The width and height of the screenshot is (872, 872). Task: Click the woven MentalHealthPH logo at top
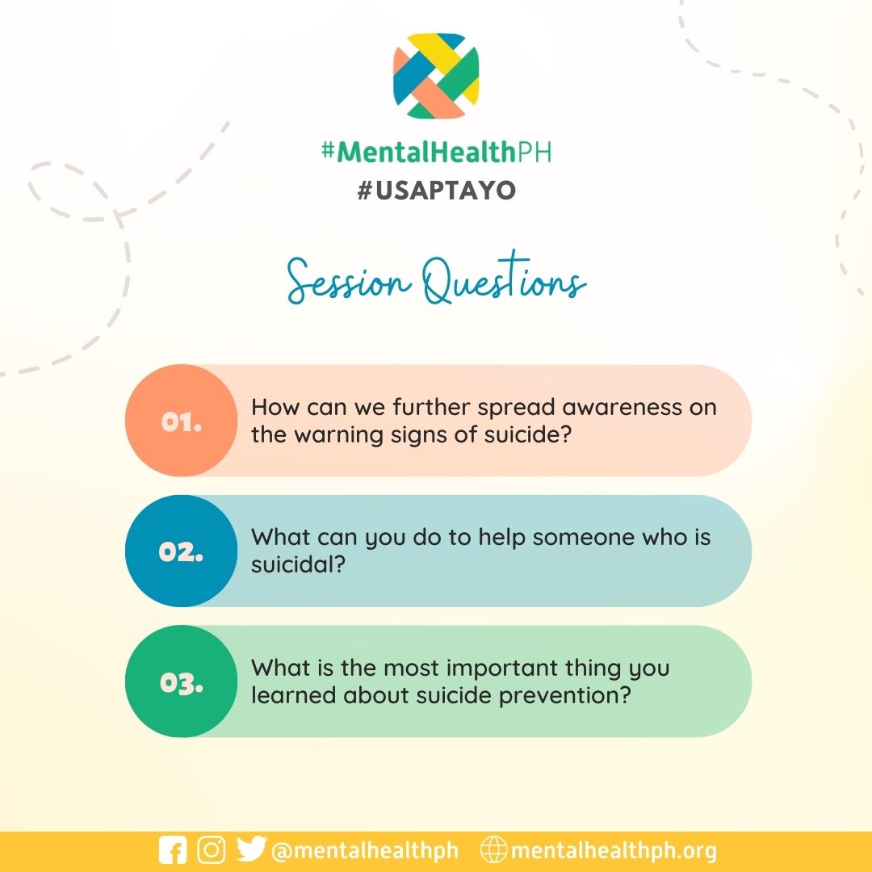pos(436,76)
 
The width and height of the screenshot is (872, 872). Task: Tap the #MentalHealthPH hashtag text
pos(436,151)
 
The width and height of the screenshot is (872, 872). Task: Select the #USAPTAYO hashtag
pos(436,191)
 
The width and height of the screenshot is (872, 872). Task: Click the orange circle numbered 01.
pos(181,421)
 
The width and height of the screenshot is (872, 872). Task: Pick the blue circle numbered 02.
pos(181,551)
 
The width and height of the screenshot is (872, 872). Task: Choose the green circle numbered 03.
pos(181,681)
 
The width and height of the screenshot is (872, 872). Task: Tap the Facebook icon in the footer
pos(173,851)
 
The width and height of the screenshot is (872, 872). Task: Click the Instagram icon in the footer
pos(212,850)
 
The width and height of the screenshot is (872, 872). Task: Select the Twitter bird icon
pos(251,850)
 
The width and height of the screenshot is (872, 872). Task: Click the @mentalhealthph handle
pos(365,851)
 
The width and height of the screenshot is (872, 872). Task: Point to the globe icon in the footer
pos(493,850)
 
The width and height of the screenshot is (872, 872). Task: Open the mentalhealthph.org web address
pos(614,851)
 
